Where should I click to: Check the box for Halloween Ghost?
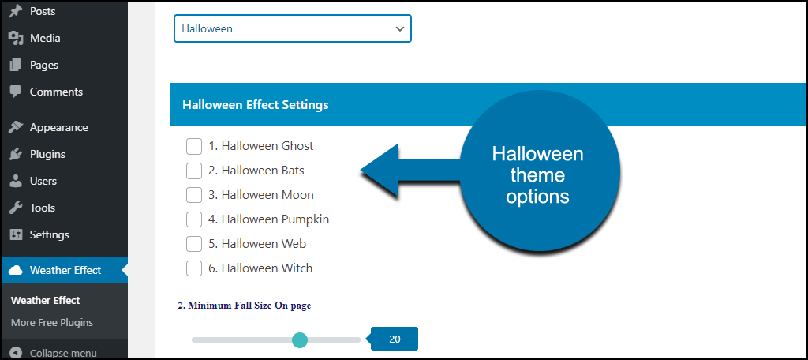(x=194, y=146)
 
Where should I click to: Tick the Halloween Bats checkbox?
(x=194, y=171)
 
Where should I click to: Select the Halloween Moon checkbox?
(x=194, y=195)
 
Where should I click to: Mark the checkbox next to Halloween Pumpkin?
(x=194, y=219)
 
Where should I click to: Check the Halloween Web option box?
(x=194, y=244)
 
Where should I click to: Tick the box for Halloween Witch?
(x=194, y=268)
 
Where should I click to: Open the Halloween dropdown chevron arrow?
(x=400, y=29)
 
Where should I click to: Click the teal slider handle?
(x=299, y=340)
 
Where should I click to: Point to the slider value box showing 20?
(x=395, y=339)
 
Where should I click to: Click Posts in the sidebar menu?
(x=43, y=11)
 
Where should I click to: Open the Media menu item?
(x=45, y=38)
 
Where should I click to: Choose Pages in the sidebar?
(x=44, y=65)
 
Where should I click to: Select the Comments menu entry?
(x=56, y=92)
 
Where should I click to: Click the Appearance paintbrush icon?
(x=16, y=127)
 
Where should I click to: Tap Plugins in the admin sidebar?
(x=47, y=154)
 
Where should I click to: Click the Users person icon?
(x=16, y=181)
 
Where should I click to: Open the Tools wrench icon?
(x=16, y=208)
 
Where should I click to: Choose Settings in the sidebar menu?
(x=50, y=234)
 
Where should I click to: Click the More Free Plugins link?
(x=52, y=323)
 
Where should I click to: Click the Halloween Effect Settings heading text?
(x=256, y=105)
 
